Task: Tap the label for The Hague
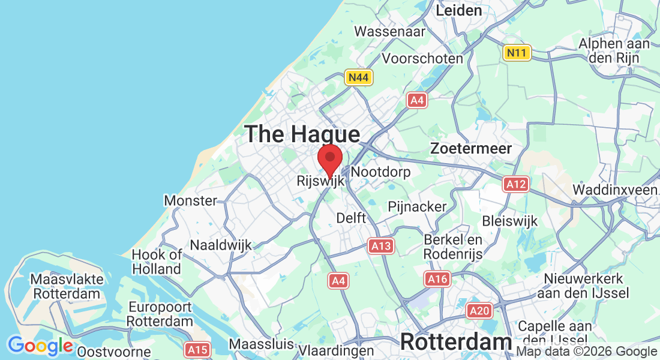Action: (302, 134)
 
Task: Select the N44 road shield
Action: (359, 77)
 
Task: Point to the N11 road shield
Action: (517, 53)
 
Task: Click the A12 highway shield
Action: (517, 184)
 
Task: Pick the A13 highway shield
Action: (381, 245)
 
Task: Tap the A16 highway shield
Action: (437, 278)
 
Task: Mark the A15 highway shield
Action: (197, 349)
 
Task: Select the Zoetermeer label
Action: (472, 148)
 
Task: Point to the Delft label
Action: (351, 217)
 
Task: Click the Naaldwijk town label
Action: (221, 245)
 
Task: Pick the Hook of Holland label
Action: (157, 262)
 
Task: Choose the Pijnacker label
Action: (418, 206)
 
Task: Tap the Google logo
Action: (40, 346)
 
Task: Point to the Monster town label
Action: (190, 200)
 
